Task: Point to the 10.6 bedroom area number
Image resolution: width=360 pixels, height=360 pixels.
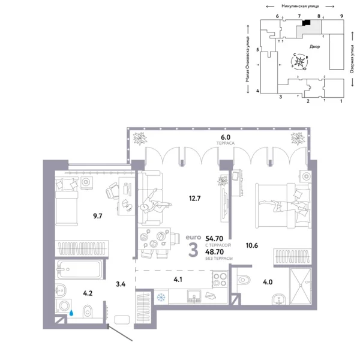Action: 244,245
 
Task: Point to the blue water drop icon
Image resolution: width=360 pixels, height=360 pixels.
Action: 71,312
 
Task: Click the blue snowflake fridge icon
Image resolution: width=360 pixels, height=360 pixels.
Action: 160,297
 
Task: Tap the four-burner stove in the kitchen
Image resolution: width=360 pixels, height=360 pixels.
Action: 218,280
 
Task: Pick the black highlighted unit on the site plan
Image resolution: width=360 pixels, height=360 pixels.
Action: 306,23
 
